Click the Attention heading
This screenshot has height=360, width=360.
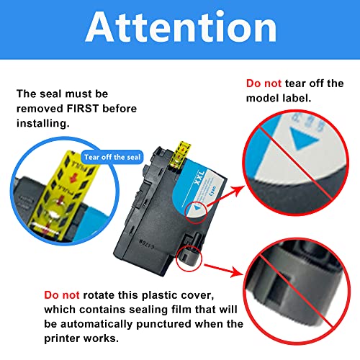(x=181, y=27)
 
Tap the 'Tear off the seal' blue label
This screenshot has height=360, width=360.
(x=112, y=157)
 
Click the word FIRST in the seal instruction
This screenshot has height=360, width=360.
(x=83, y=109)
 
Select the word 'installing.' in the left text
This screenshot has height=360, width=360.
(x=43, y=123)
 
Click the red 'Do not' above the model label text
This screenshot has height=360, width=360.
(x=264, y=84)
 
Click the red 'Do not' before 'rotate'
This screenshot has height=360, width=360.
(x=62, y=295)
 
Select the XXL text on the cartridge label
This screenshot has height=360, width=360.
(x=199, y=178)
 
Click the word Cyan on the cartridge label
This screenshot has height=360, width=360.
(x=212, y=191)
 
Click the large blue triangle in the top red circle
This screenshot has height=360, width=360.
(x=304, y=138)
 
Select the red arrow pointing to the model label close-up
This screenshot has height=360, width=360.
(x=225, y=195)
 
